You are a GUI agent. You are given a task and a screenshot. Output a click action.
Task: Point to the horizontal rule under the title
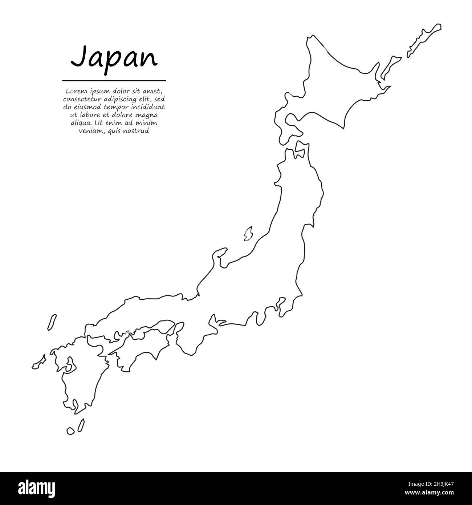pos(114,81)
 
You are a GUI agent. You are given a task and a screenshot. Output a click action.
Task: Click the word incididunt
pos(148,107)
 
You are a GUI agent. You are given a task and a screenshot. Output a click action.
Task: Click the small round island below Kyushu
pos(70,431)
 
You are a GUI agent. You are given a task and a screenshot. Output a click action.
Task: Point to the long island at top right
pos(424,40)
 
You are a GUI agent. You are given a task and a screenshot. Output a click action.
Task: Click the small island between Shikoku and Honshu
pos(127,332)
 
